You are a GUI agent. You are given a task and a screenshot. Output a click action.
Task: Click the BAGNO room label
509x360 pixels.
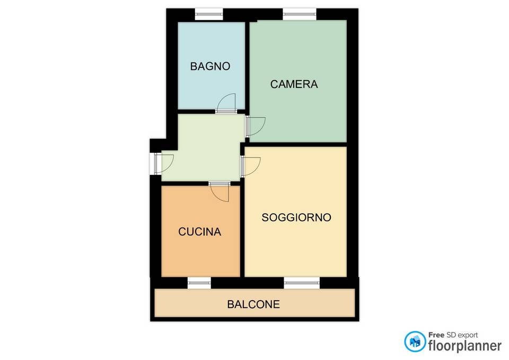(x=210, y=66)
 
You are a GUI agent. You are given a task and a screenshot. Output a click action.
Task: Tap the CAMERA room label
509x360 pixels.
(x=294, y=84)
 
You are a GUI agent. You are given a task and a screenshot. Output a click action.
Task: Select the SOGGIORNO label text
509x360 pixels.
(x=296, y=217)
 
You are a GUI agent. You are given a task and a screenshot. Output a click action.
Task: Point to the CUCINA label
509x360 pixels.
(x=200, y=232)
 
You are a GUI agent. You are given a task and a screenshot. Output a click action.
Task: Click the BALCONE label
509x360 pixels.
(x=253, y=304)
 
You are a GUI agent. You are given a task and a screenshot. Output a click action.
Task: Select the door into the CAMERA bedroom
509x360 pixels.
(x=255, y=126)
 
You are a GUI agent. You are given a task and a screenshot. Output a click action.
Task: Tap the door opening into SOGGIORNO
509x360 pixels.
(x=250, y=166)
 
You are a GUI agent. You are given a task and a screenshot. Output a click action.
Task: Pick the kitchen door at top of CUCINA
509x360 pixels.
(x=220, y=191)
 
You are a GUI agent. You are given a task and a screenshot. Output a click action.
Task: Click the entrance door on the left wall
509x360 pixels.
(x=164, y=163)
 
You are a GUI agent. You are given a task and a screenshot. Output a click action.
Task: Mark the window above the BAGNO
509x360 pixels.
(x=209, y=14)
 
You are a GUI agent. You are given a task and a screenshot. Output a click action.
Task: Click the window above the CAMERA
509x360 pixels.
(x=299, y=14)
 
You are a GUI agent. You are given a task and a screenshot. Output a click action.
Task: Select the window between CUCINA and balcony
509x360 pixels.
(x=199, y=283)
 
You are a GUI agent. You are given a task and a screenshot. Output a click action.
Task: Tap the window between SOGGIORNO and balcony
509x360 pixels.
(x=302, y=283)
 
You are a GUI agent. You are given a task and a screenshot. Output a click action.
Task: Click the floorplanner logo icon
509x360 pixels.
(x=415, y=341)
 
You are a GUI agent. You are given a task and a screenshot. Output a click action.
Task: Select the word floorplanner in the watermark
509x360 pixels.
(x=465, y=345)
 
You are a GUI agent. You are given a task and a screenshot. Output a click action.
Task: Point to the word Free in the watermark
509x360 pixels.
(x=436, y=335)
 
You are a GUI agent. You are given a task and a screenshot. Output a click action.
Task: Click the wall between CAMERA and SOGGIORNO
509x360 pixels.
(x=296, y=144)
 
